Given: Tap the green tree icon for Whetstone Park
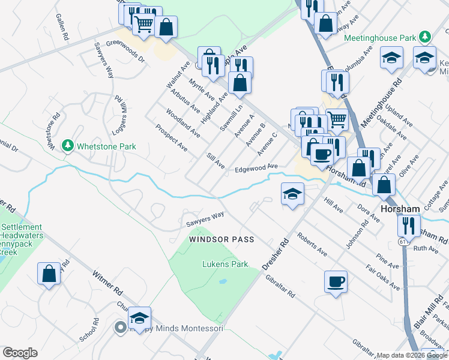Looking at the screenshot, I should click(x=68, y=146).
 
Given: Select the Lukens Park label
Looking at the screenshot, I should click(x=225, y=264).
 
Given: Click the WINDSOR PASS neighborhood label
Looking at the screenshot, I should click(x=221, y=239).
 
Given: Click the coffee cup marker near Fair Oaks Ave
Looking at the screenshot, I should click(x=336, y=281).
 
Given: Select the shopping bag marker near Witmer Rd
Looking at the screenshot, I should click(x=49, y=274).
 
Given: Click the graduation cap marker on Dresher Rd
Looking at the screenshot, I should click(x=292, y=194).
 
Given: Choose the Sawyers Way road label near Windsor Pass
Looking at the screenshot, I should click(x=205, y=218).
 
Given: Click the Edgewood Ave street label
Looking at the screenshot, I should click(x=256, y=169).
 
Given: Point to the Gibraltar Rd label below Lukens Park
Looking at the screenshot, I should click(x=282, y=287).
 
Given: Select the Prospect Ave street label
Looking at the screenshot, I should click(x=172, y=138).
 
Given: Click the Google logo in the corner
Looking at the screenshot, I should click(x=20, y=353).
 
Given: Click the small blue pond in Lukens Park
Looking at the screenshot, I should click(x=223, y=281).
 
